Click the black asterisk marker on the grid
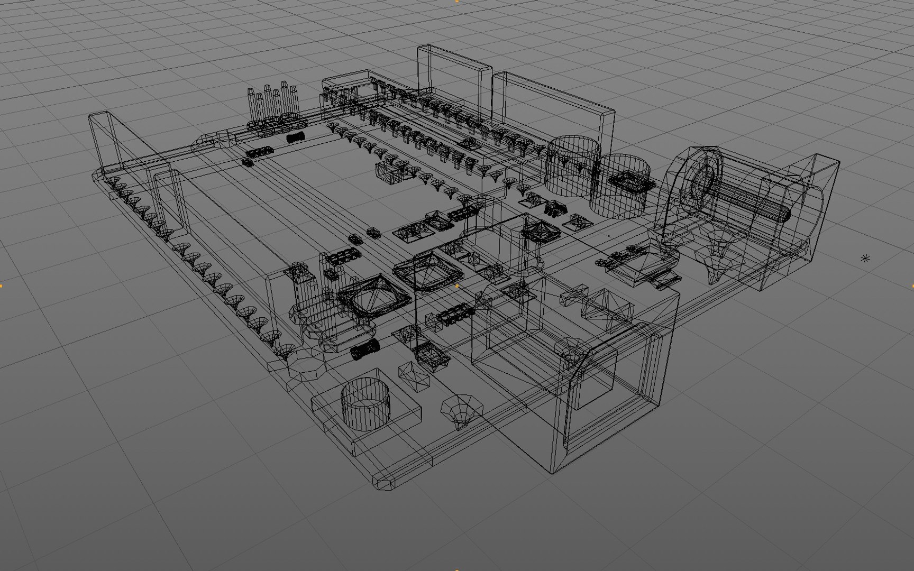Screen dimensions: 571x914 point(865,259)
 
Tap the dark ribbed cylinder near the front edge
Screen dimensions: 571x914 point(365,349)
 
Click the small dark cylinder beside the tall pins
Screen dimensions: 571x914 point(296,138)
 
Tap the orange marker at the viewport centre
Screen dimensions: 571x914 point(457,285)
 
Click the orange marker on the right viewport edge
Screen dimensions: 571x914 point(912,285)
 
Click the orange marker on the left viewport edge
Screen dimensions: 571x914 point(1,285)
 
